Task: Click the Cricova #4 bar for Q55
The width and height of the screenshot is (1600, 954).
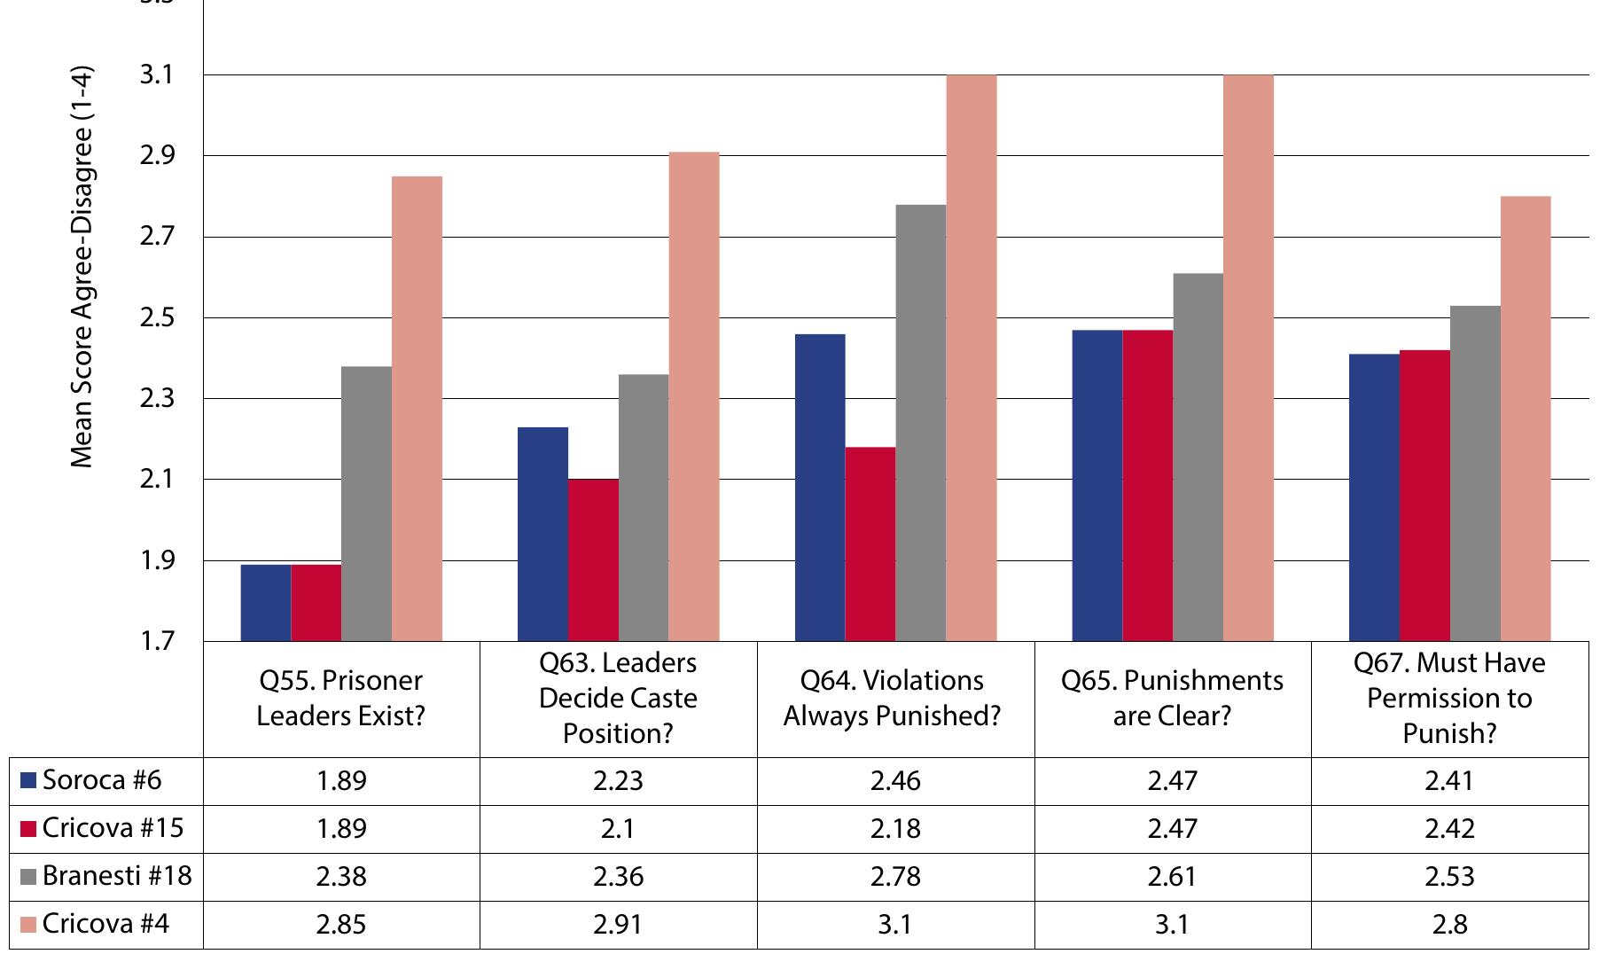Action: (x=417, y=408)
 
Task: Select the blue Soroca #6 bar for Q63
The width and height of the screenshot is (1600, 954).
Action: (x=542, y=534)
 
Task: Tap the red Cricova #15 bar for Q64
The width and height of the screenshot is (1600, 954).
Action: (x=870, y=543)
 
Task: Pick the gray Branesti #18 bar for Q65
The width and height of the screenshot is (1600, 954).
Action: (x=1198, y=457)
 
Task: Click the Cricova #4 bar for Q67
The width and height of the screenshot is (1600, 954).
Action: (x=1525, y=418)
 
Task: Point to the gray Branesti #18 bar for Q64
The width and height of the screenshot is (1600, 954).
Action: (x=920, y=423)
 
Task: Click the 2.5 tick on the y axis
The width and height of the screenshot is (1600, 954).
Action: (x=157, y=317)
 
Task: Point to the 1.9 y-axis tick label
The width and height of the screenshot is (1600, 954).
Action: (x=157, y=560)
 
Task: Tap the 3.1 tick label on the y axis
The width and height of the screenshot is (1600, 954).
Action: (x=157, y=75)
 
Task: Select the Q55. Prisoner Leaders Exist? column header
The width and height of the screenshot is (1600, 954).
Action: (x=341, y=699)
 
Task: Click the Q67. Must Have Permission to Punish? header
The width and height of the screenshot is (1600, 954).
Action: (x=1449, y=699)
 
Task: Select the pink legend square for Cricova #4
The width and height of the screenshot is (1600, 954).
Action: (x=27, y=925)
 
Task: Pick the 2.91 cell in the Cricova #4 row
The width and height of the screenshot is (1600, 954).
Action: (x=618, y=925)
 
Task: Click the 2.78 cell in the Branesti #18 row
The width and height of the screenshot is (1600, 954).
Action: (x=895, y=877)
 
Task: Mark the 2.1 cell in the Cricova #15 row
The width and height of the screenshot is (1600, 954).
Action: (x=618, y=829)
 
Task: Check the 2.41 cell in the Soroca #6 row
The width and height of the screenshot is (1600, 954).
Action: (x=1449, y=781)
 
